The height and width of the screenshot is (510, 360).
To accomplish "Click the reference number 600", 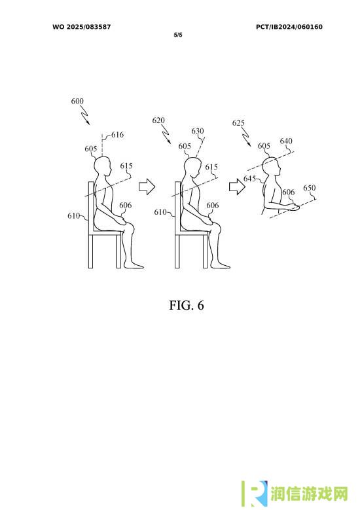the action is pyautogui.click(x=77, y=101).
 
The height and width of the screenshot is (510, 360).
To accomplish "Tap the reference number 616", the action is pyautogui.click(x=117, y=135).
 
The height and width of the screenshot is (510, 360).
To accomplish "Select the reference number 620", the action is pyautogui.click(x=158, y=120).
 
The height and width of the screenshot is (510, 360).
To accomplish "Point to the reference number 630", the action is pyautogui.click(x=198, y=131).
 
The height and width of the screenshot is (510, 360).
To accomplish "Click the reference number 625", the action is pyautogui.click(x=238, y=122).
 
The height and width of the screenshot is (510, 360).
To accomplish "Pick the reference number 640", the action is pyautogui.click(x=286, y=141).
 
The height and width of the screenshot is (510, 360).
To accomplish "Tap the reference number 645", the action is pyautogui.click(x=249, y=179).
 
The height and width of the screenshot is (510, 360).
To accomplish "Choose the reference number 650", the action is pyautogui.click(x=309, y=188).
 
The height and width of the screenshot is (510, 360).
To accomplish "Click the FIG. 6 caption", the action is pyautogui.click(x=187, y=305).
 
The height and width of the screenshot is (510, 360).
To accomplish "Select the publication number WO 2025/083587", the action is pyautogui.click(x=82, y=27).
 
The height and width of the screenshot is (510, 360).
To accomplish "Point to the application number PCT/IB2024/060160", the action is pyautogui.click(x=289, y=27).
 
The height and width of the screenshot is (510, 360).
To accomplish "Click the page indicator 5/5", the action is pyautogui.click(x=178, y=35).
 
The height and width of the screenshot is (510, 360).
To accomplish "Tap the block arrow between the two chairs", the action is pyautogui.click(x=147, y=187).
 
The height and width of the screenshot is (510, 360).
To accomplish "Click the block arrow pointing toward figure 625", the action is pyautogui.click(x=238, y=187).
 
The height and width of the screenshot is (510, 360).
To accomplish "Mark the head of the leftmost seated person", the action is pyautogui.click(x=103, y=166).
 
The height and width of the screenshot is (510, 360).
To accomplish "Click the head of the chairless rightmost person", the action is pyautogui.click(x=272, y=168).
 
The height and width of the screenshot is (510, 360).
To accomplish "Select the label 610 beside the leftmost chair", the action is pyautogui.click(x=73, y=215).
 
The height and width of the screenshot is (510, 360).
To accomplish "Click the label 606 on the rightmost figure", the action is pyautogui.click(x=288, y=192).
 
